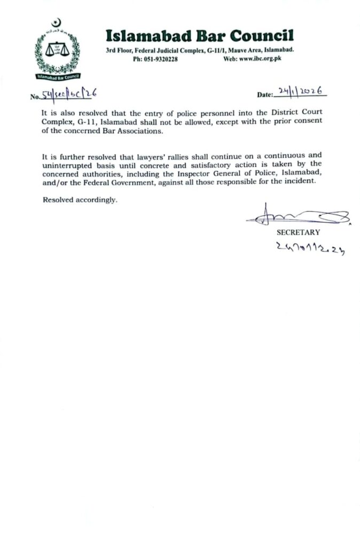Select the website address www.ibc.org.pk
click(260, 59)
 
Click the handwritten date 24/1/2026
click(300, 92)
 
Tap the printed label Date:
click(265, 95)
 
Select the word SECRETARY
click(298, 232)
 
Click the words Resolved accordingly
click(79, 200)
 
